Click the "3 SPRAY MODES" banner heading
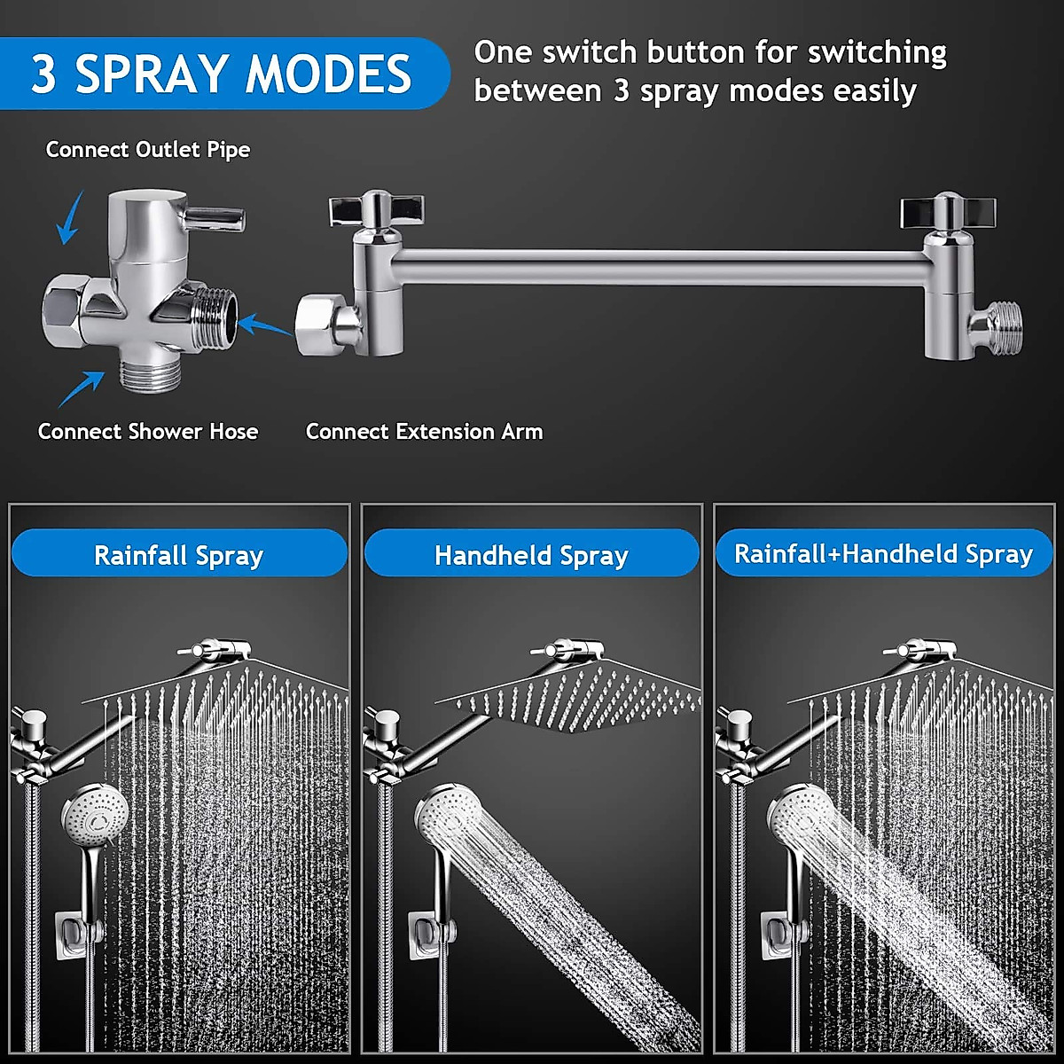click(222, 74)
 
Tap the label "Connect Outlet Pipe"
click(148, 150)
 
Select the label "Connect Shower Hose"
click(148, 432)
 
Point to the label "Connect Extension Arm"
click(424, 432)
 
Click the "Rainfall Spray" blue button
click(179, 555)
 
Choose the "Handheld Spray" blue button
click(531, 555)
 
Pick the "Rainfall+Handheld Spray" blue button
click(883, 553)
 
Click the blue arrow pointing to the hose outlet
click(82, 388)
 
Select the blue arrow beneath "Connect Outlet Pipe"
click(69, 218)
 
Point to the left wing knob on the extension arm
click(375, 208)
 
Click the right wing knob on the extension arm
click(947, 211)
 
